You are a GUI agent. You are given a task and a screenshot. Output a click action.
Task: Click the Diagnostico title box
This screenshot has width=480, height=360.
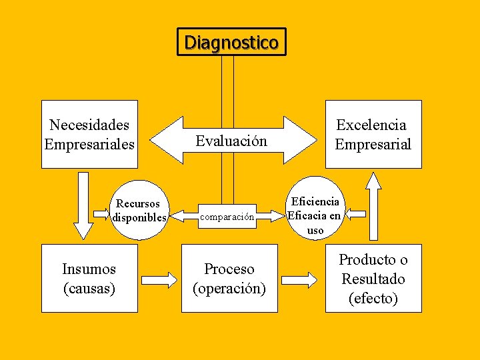tap(231, 42)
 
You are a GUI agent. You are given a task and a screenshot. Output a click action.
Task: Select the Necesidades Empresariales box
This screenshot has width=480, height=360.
tap(89, 134)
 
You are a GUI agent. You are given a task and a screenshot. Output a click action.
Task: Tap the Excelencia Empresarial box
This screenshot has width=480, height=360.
tap(373, 134)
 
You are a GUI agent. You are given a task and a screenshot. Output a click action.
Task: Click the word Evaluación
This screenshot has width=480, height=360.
tap(231, 141)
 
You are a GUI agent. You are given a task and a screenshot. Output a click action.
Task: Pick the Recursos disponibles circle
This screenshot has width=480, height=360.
tap(138, 211)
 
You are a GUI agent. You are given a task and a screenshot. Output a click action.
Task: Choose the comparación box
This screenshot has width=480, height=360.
tap(227, 217)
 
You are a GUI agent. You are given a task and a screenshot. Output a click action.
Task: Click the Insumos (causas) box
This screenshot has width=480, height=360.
tap(89, 278)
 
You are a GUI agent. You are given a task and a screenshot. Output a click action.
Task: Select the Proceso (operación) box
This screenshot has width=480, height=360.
tap(229, 278)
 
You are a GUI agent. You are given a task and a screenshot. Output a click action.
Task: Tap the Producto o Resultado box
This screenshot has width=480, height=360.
tap(373, 278)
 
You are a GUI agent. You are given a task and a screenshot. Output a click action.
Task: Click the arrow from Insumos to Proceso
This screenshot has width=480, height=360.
tap(160, 278)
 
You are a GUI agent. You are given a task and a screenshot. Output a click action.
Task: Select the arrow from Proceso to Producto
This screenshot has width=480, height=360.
tap(301, 278)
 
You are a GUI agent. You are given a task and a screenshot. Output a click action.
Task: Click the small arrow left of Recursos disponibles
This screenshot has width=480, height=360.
tap(103, 214)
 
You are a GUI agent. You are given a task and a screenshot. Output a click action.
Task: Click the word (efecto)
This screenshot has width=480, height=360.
tap(373, 298)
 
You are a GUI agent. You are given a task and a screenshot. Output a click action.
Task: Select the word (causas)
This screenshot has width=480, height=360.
tap(89, 288)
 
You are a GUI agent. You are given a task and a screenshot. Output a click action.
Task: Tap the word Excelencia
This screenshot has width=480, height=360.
tap(371, 125)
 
